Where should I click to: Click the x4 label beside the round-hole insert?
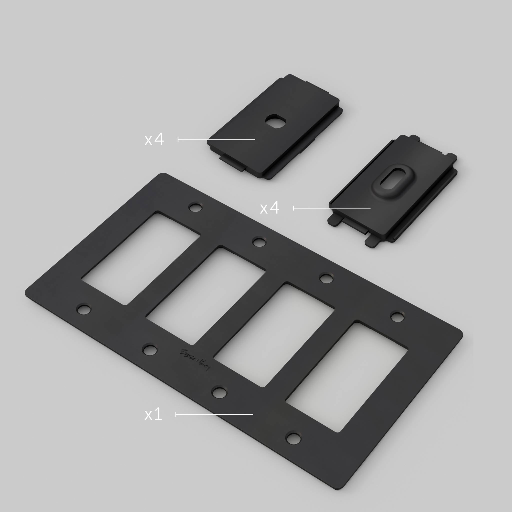click(x=154, y=140)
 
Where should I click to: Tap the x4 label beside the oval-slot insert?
click(x=270, y=208)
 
